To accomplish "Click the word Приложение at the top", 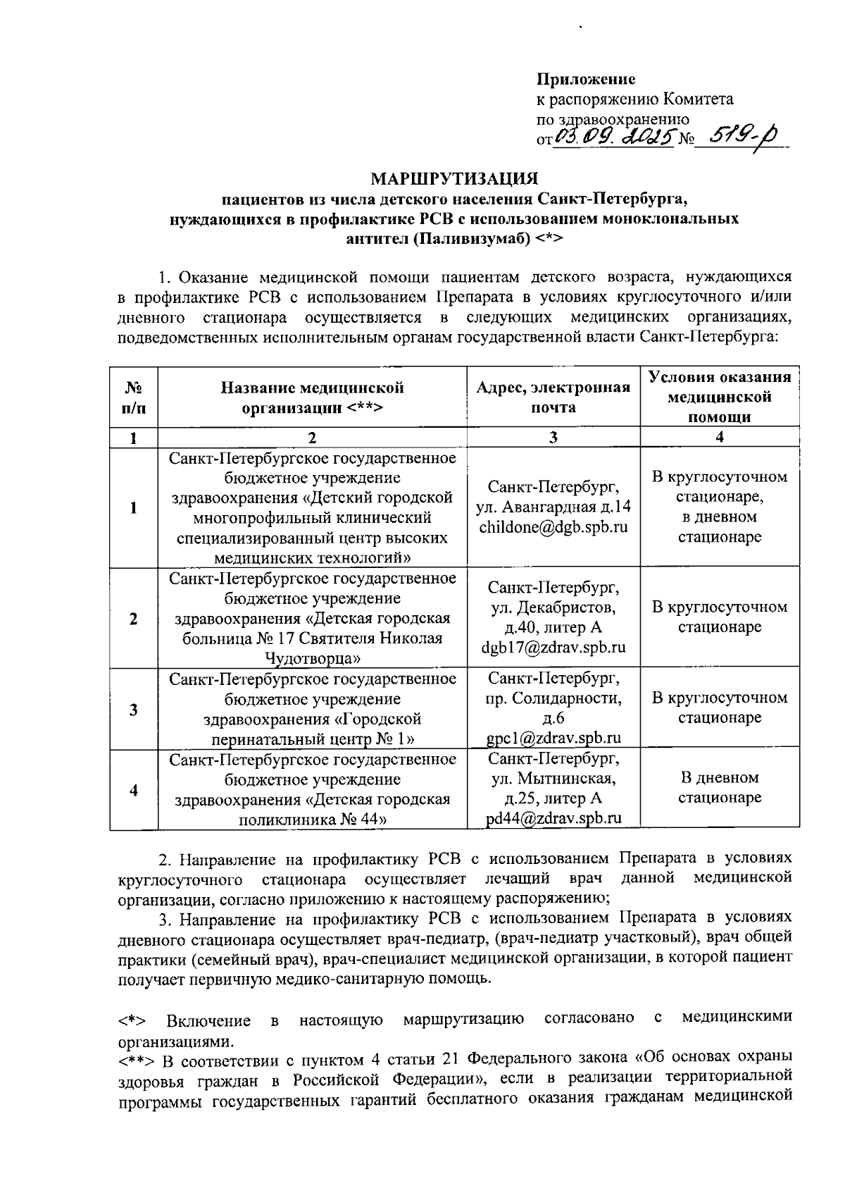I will [x=586, y=80].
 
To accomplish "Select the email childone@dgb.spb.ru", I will [x=553, y=527].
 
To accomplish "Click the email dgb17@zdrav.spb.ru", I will [x=553, y=648].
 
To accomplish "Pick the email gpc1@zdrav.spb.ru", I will [x=553, y=738].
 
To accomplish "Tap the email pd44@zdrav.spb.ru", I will [x=553, y=818].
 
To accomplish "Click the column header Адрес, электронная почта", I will [x=553, y=397].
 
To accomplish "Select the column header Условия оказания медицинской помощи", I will [x=720, y=396].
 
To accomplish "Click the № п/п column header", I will [x=133, y=397].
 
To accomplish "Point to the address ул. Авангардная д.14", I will [x=553, y=507].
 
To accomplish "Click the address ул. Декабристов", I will [x=553, y=607].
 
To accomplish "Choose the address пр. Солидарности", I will [x=553, y=698].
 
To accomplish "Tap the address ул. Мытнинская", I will [x=553, y=779].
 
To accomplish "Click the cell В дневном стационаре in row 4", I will [x=720, y=788].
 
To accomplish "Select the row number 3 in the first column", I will [x=133, y=709].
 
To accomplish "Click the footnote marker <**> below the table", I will [x=138, y=1061].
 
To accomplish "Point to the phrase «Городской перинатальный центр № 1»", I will [x=313, y=729].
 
